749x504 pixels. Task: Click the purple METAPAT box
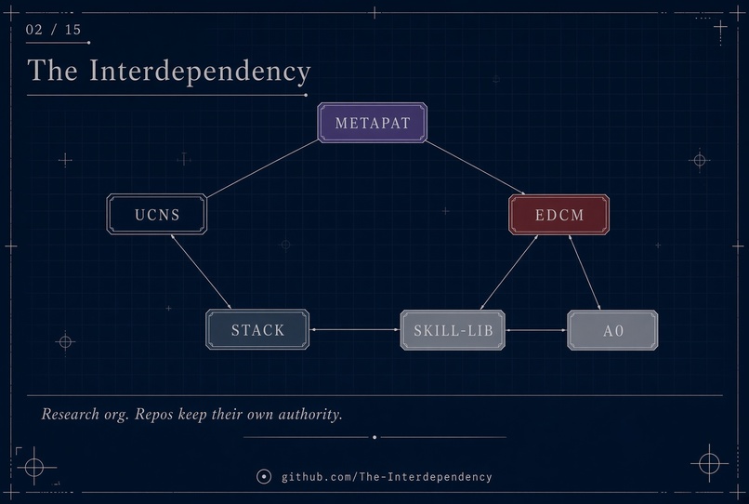(372, 123)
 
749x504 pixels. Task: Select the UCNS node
(157, 214)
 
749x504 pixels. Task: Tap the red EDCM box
(558, 215)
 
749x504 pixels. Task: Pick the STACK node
(257, 329)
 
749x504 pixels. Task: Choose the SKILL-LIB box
(453, 330)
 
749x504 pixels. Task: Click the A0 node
(612, 330)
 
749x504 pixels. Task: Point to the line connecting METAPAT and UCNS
(263, 169)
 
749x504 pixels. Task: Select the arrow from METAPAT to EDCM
(475, 167)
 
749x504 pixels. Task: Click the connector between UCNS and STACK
(201, 272)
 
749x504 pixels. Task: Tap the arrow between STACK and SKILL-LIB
(355, 329)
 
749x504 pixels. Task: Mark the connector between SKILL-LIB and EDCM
(509, 272)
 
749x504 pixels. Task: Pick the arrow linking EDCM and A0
(585, 272)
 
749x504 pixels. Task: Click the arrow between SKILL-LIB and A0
(536, 330)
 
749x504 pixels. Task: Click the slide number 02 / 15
(54, 30)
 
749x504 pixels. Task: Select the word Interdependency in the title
(200, 72)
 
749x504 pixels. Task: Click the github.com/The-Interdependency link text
(387, 477)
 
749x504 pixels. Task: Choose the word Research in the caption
(71, 414)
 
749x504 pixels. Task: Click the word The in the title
(53, 71)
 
